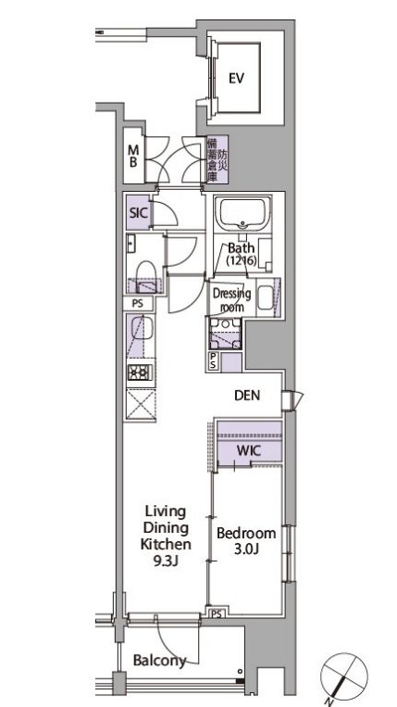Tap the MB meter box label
tap(133, 156)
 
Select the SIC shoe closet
tap(138, 212)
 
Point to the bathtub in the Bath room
tap(242, 215)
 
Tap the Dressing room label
tap(231, 300)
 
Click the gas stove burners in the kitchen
tap(139, 375)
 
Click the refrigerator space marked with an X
tap(139, 406)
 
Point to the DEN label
tap(246, 397)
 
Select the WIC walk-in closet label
tap(246, 450)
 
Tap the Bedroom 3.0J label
tap(245, 542)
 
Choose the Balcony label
tap(159, 661)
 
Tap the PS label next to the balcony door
tap(217, 613)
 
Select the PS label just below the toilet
tap(137, 302)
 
